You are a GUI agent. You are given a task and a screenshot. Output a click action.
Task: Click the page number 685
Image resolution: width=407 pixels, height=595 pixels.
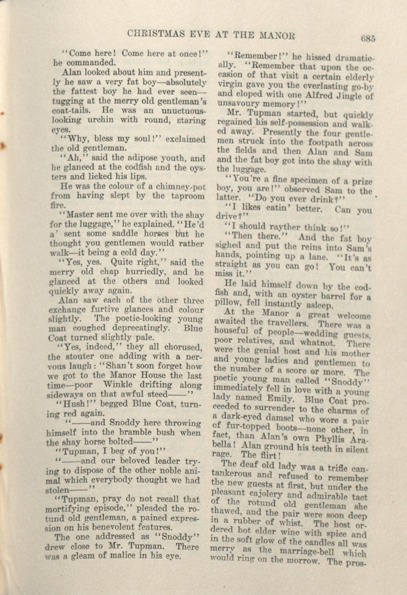click(x=368, y=39)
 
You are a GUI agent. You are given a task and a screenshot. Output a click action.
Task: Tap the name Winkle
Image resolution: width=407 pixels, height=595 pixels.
click(x=120, y=385)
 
